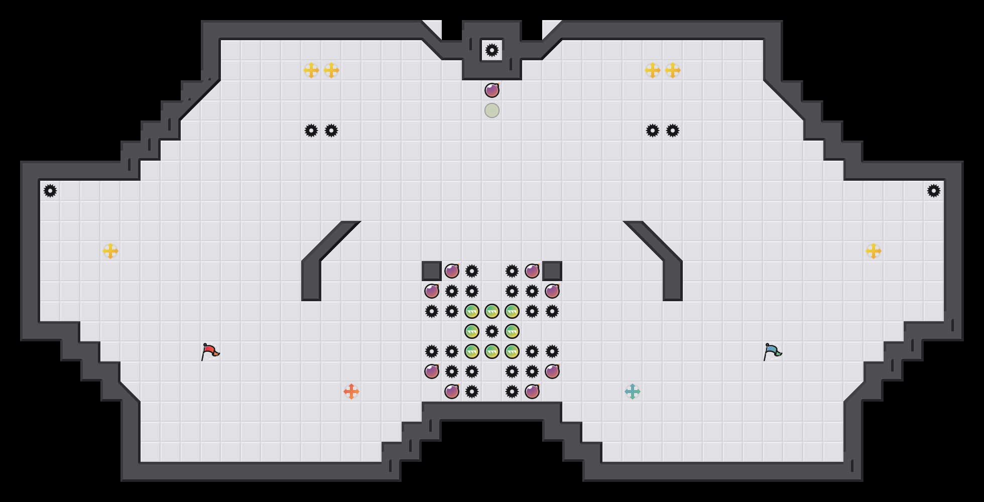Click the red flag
210,351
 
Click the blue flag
772,351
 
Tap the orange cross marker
351,392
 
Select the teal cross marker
633,392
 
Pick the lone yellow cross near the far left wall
110,251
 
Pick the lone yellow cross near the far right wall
874,251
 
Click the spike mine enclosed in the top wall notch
492,50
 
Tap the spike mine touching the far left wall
50,191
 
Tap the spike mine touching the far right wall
934,191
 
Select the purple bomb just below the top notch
492,90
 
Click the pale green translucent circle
492,110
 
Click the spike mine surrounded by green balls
492,331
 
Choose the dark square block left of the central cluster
432,271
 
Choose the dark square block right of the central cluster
552,271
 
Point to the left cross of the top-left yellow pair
311,70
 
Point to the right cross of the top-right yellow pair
673,70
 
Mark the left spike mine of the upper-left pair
311,131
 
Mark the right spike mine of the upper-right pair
673,131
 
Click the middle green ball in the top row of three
492,311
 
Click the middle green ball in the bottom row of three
492,351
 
